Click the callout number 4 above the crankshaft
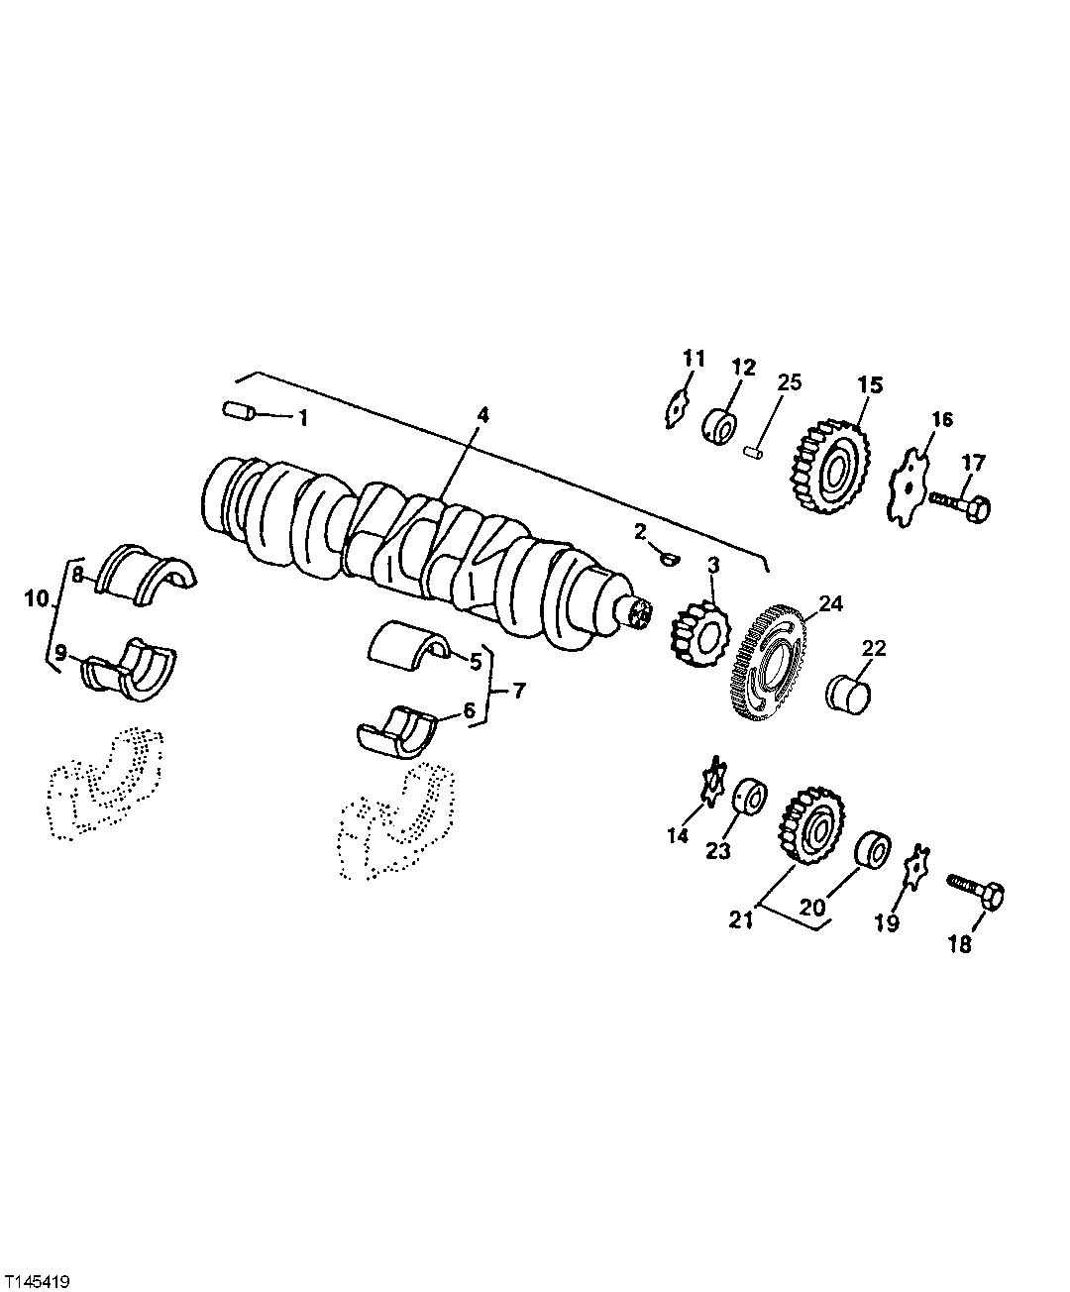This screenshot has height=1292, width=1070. tap(482, 415)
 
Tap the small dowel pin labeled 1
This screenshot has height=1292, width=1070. tap(238, 410)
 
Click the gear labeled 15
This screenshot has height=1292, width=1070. tap(827, 468)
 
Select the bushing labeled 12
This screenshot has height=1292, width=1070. tap(720, 427)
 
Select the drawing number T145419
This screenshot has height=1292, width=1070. tap(35, 1273)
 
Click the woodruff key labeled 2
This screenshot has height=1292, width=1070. tap(669, 560)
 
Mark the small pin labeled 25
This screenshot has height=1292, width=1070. tap(752, 452)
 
